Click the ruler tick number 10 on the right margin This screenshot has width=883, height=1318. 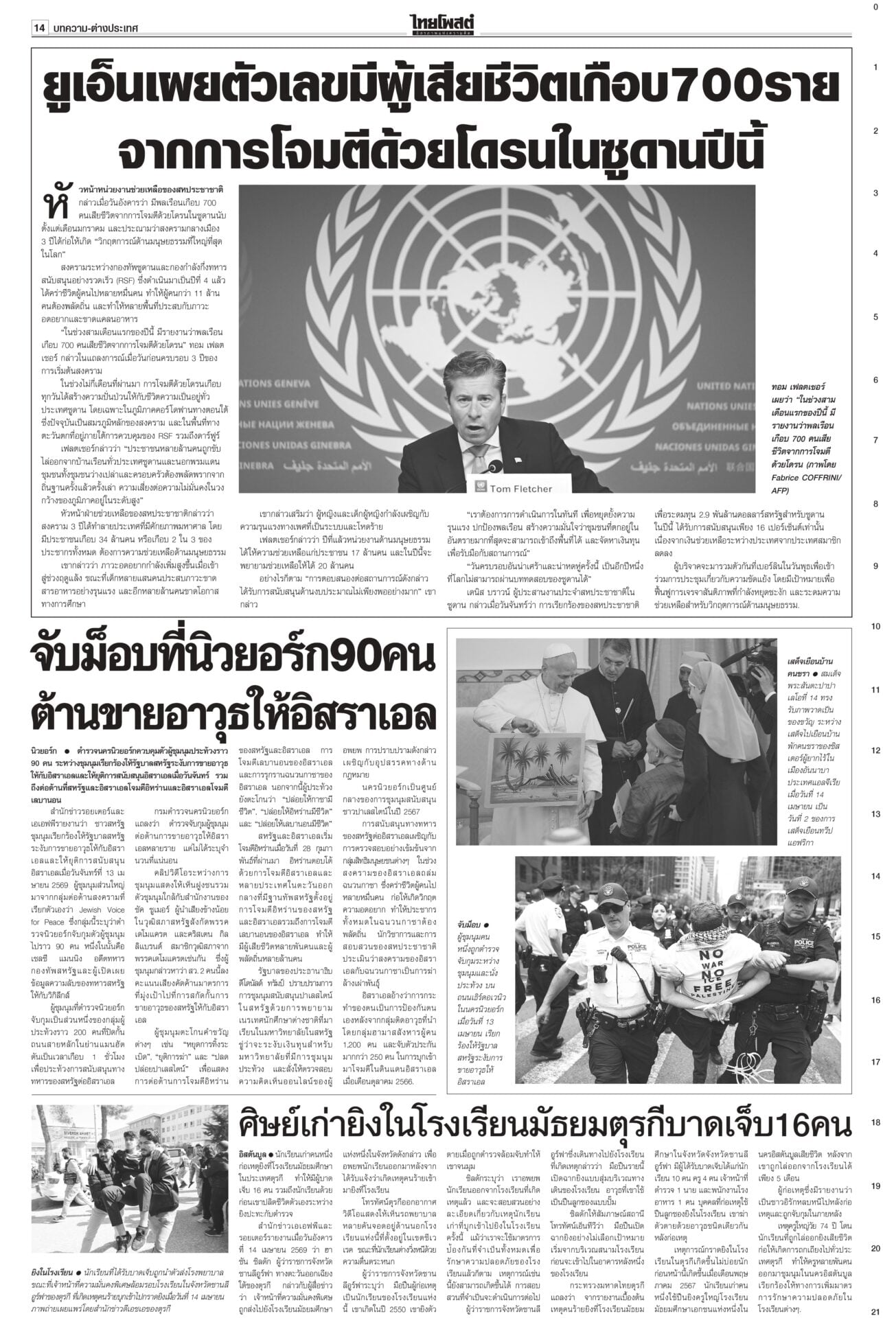pyautogui.click(x=875, y=627)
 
